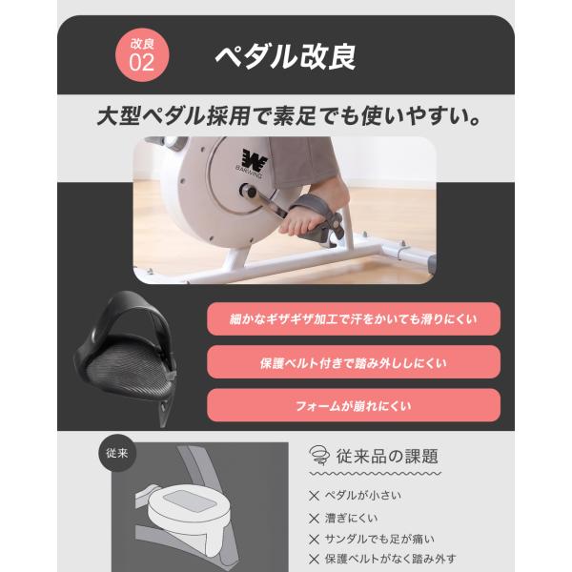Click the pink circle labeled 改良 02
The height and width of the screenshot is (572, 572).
[x=142, y=55]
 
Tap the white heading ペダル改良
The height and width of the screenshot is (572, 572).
[x=286, y=57]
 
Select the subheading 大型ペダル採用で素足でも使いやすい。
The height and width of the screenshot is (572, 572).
[x=288, y=116]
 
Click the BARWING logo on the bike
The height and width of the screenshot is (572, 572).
[x=252, y=163]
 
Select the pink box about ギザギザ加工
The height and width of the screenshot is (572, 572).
[x=354, y=318]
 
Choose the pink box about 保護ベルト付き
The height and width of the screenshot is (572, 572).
[x=354, y=362]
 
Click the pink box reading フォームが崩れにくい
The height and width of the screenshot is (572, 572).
[x=354, y=405]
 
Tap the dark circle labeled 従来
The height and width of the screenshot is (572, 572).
[x=117, y=453]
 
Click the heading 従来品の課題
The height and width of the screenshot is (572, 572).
[x=387, y=456]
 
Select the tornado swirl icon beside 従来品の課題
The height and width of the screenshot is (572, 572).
[x=319, y=455]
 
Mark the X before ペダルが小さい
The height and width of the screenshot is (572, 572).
[x=314, y=496]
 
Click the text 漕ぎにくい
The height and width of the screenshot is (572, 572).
[x=351, y=518]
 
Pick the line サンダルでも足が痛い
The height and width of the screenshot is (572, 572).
[x=379, y=539]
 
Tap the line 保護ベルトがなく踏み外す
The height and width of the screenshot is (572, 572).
[x=390, y=559]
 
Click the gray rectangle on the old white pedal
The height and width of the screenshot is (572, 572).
[x=191, y=500]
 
